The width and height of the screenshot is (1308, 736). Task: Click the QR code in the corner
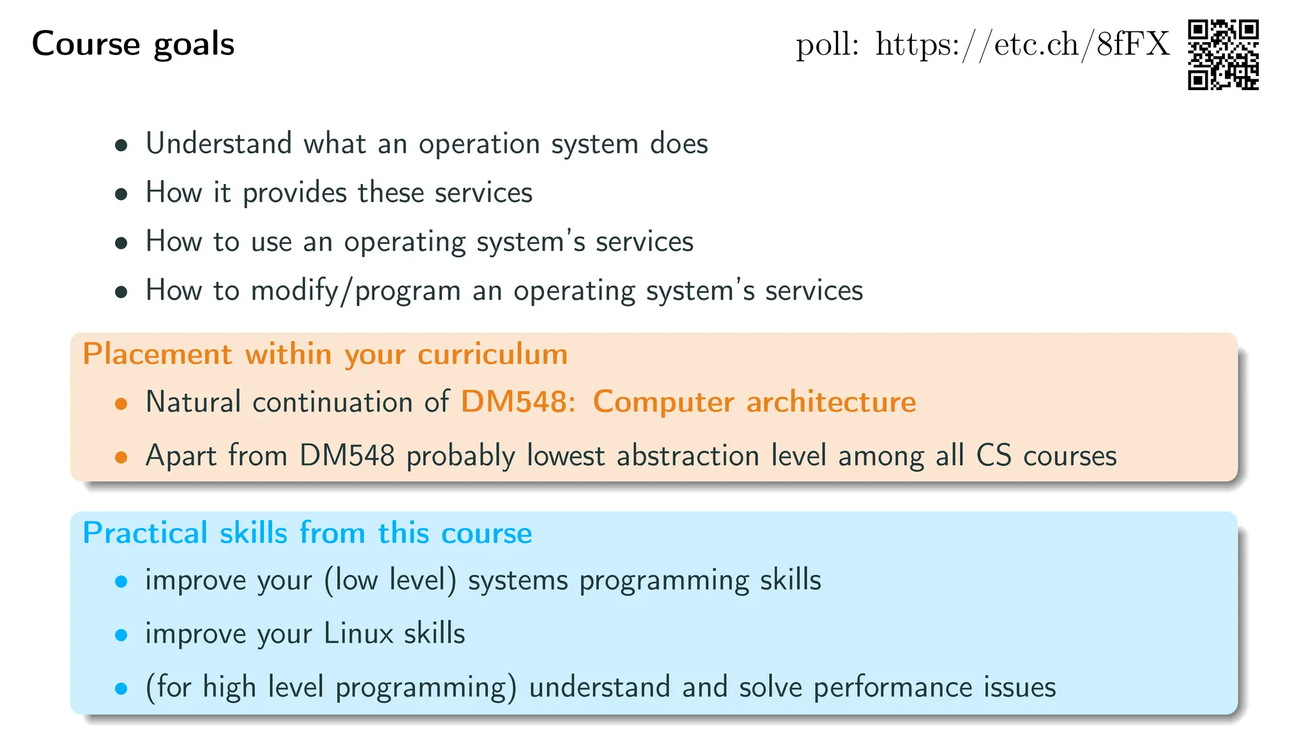tap(1222, 54)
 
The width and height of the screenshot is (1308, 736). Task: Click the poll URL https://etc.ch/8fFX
tap(1022, 45)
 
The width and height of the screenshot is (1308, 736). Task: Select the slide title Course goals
tap(133, 44)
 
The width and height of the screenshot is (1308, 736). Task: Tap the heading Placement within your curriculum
tap(325, 354)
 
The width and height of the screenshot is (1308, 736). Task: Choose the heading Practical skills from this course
tap(307, 533)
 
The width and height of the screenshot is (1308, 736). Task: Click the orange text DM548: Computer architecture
tap(688, 402)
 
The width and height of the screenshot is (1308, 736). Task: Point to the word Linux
tap(358, 633)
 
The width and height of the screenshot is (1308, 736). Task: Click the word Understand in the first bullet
tap(218, 143)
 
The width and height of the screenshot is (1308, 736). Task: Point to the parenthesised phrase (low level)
tap(390, 580)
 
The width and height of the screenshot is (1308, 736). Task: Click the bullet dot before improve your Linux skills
tap(121, 635)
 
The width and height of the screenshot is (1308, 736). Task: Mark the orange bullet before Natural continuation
tap(121, 404)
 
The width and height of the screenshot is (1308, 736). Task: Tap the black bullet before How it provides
tap(121, 194)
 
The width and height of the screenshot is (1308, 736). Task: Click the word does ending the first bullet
tap(678, 143)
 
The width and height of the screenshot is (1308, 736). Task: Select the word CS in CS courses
tap(993, 456)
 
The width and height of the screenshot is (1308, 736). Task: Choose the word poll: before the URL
tap(826, 45)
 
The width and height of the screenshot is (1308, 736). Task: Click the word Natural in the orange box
tap(193, 402)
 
